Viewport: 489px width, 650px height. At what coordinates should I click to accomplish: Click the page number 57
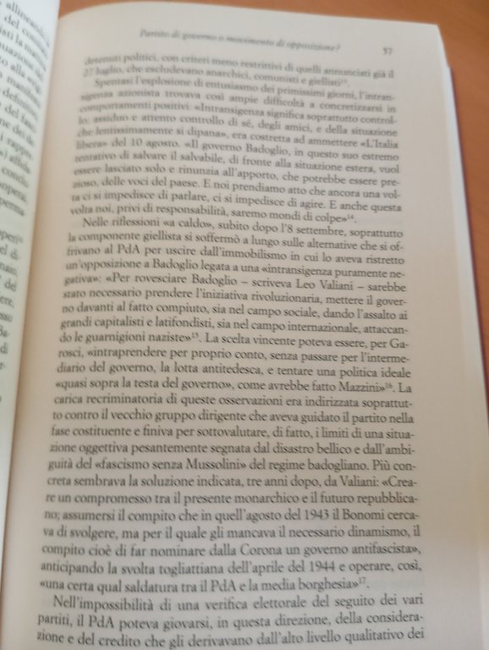(386, 51)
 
